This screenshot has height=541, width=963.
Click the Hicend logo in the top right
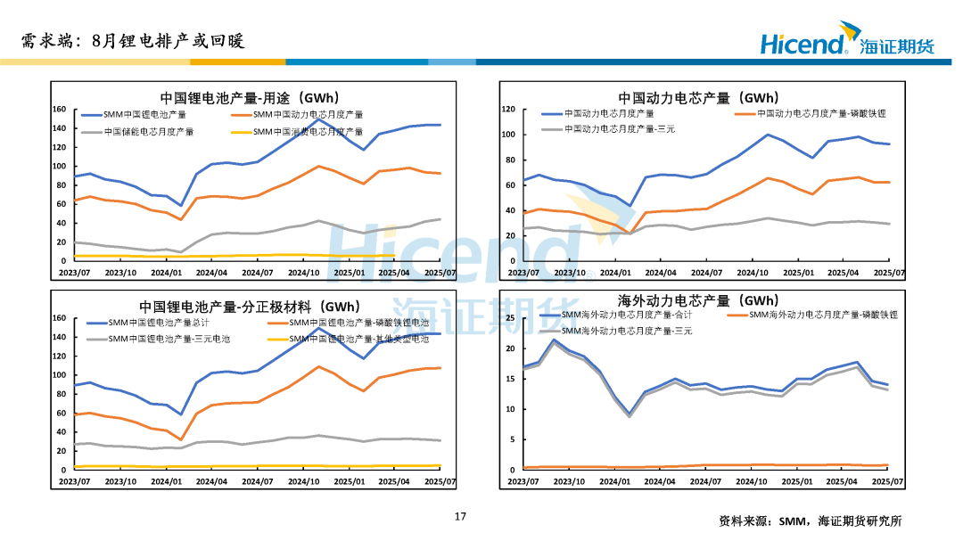(846, 44)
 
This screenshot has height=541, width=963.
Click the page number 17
(460, 516)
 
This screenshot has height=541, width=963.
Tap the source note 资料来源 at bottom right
(810, 521)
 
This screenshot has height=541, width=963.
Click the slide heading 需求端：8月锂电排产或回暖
(132, 41)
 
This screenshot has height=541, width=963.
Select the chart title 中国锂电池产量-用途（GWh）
(249, 97)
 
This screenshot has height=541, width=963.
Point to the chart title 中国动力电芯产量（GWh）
(698, 97)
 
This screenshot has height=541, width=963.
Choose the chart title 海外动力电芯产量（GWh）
(698, 300)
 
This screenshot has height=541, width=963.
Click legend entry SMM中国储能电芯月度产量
(148, 132)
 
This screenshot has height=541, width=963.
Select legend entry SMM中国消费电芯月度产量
(308, 132)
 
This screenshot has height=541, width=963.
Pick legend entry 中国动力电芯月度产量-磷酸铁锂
(821, 114)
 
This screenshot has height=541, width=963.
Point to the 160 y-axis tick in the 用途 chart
(60, 110)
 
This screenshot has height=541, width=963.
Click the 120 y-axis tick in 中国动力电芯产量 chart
(509, 109)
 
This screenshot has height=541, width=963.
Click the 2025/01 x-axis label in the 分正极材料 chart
(350, 481)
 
